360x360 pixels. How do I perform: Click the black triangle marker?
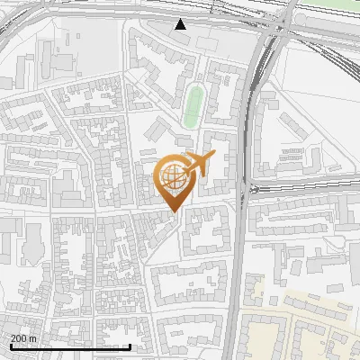click(181, 24)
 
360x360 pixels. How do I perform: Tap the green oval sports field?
click(193, 106)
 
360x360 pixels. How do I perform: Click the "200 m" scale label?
click(24, 338)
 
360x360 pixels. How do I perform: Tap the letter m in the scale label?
click(32, 338)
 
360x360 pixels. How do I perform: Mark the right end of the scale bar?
click(130, 346)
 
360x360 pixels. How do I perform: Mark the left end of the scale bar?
click(10, 346)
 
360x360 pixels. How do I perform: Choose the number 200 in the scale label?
click(20, 338)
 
